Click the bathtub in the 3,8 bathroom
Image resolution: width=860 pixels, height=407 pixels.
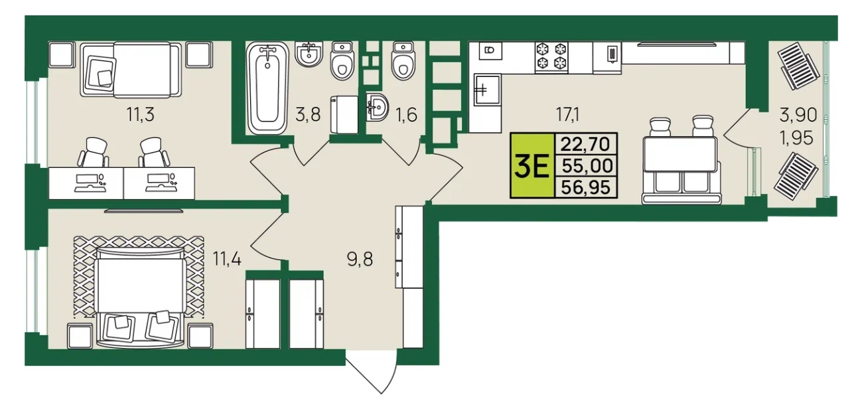267,88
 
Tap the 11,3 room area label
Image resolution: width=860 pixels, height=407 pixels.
141,114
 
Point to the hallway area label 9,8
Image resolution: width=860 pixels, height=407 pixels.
360,260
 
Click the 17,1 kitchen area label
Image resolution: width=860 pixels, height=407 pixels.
568,114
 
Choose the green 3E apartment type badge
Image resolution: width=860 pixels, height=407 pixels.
532,165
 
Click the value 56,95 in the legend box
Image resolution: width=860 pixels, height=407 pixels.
586,188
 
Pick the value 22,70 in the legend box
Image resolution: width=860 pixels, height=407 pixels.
585,144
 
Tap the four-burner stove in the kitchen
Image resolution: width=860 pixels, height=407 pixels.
551,57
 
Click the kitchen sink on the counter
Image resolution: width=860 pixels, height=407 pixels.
488,90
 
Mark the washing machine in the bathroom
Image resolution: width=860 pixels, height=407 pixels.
344,115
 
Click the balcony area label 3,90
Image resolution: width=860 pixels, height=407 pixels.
798,115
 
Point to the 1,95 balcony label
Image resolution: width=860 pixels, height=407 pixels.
797,137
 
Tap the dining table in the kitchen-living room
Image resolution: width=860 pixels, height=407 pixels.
680,154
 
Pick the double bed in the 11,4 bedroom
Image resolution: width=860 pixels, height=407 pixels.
141,295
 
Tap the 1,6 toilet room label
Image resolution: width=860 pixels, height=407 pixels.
406,114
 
